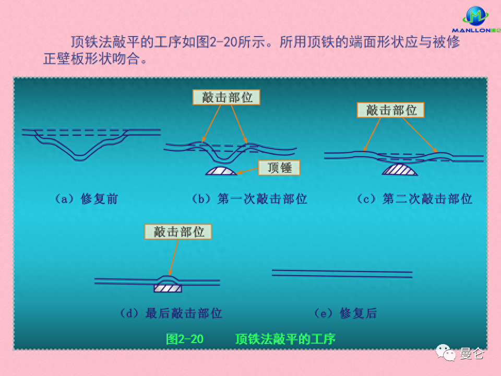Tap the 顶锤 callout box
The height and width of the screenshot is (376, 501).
(279, 167)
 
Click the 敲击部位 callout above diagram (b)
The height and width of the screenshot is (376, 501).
(226, 97)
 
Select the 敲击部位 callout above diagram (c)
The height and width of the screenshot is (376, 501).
(390, 110)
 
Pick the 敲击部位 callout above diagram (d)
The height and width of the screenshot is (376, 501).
(178, 232)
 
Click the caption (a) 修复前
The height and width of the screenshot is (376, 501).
(86, 199)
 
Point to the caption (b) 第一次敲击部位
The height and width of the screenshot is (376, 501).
(249, 199)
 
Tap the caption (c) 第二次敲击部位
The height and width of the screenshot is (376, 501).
(414, 199)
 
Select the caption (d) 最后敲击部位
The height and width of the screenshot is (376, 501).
(171, 313)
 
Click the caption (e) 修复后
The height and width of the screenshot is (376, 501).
(345, 313)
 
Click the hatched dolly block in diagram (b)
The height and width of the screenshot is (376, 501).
(221, 170)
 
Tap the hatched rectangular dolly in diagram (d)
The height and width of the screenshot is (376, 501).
(168, 287)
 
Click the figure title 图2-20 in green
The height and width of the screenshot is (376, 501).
(185, 339)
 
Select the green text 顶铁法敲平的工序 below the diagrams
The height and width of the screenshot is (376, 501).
(285, 339)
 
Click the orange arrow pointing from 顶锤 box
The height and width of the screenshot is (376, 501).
(247, 170)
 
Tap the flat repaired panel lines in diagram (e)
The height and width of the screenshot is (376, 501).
(342, 273)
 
